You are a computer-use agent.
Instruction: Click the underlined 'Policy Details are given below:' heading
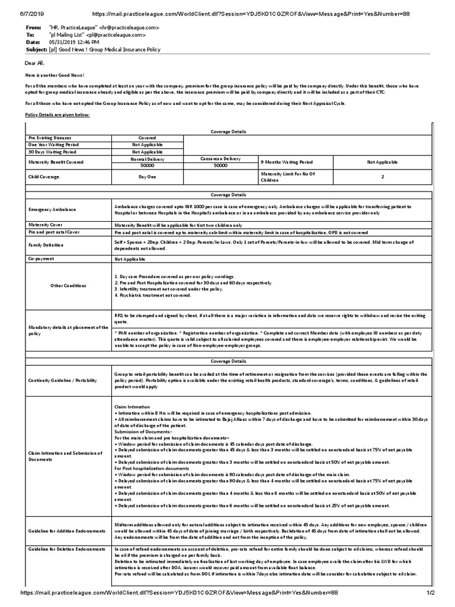coord(57,114)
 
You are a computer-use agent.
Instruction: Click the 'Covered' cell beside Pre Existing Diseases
coord(147,137)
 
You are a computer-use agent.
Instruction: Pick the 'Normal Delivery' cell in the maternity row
coord(147,158)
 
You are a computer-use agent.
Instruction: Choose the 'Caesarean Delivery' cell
coord(220,158)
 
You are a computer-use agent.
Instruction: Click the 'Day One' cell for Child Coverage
coord(147,176)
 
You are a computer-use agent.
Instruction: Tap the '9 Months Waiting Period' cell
coord(288,162)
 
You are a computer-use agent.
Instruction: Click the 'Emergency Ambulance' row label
coord(52,209)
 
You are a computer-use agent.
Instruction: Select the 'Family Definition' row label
coord(49,245)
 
